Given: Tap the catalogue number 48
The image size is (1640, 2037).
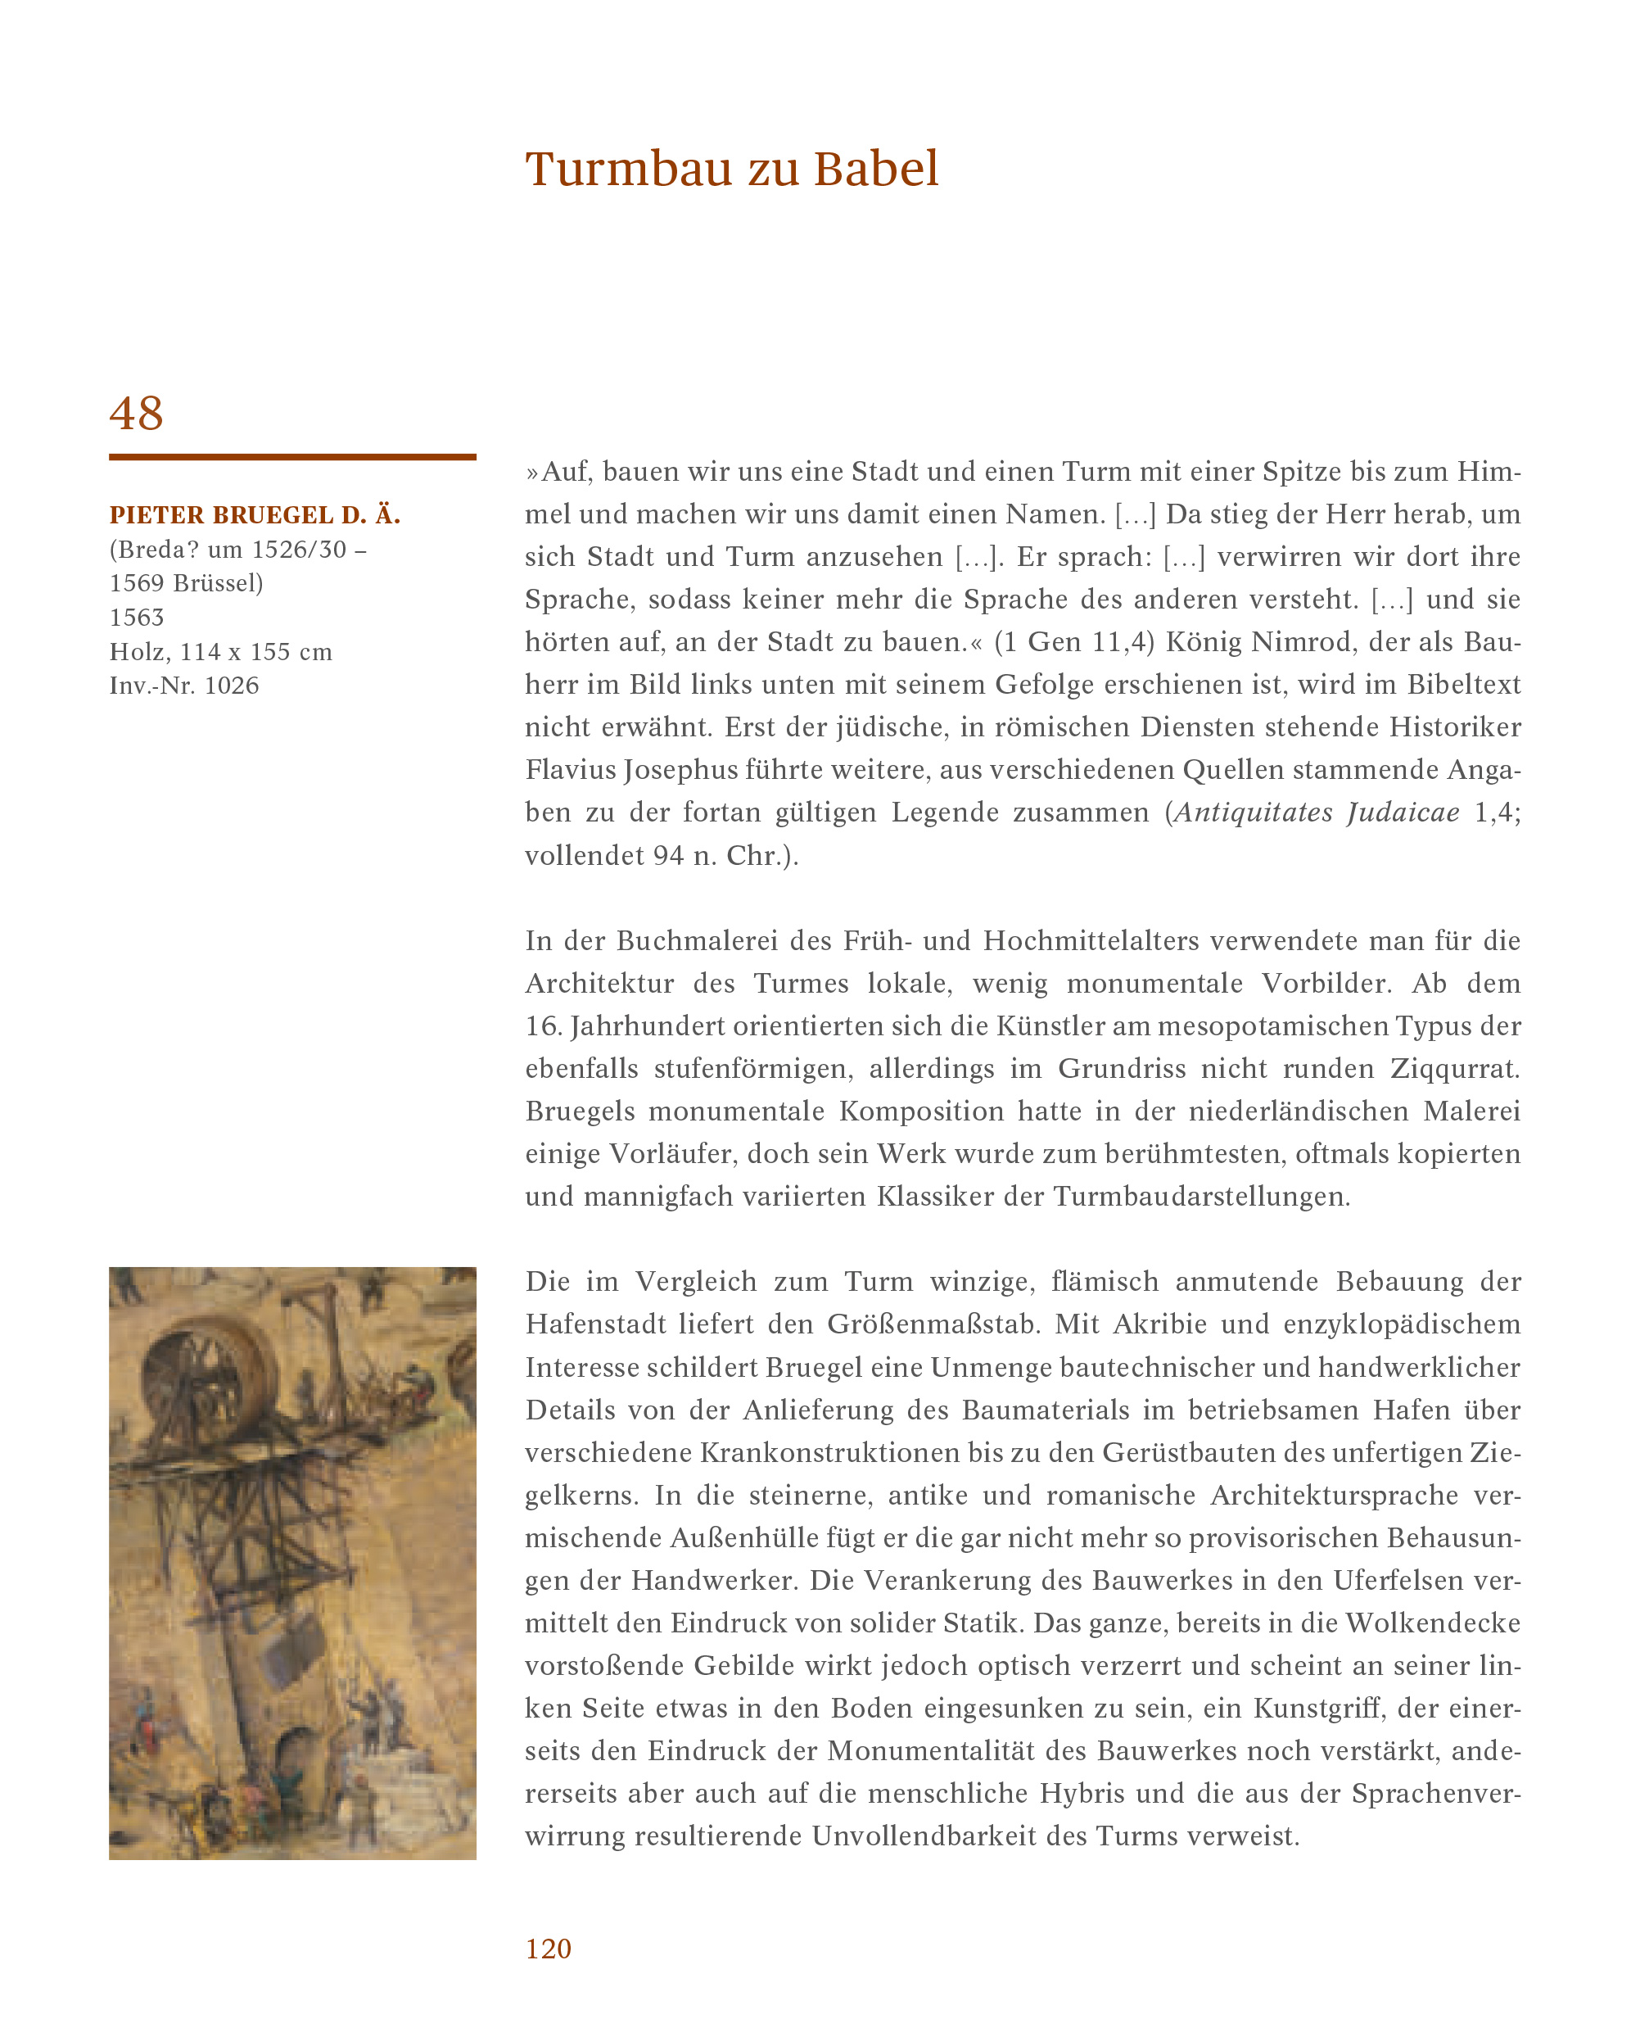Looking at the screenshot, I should coord(137,413).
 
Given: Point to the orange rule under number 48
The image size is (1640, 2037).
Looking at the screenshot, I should coord(292,457).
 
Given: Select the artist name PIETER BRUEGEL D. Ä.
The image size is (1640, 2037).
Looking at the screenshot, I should coord(255,515).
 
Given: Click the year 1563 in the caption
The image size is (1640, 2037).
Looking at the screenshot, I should coord(137,617).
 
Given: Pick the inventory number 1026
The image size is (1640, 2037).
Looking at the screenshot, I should coord(232,685).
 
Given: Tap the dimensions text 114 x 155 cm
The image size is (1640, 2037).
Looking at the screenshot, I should coord(256,651).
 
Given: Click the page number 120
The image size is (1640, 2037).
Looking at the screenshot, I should coord(548,1949).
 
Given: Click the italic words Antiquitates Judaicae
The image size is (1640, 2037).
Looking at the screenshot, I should coord(1316,813).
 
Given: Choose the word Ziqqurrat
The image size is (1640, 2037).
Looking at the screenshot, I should coord(1455,1069).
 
